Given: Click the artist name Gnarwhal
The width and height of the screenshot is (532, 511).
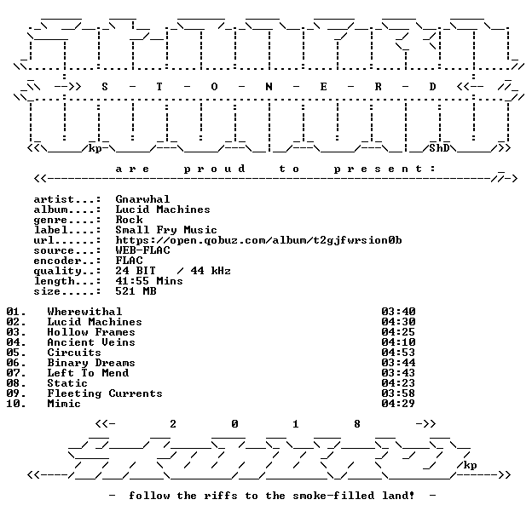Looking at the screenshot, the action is point(142,199).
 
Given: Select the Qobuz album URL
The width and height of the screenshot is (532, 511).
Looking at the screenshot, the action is point(258,240).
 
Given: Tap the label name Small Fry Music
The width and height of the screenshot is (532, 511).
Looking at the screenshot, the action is point(166,230).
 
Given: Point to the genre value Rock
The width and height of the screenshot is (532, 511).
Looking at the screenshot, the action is point(129,219).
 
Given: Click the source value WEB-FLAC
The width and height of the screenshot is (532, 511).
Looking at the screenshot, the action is point(142,250).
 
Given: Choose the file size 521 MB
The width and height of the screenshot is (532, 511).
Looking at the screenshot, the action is point(136,291).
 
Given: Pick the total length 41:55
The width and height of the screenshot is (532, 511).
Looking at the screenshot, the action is point(129,280).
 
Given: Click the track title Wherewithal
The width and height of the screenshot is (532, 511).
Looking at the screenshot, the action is point(84,312).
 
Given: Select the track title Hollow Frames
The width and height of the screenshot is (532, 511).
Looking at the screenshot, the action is point(91,332).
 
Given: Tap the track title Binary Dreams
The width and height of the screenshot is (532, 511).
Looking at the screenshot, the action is point(91,363).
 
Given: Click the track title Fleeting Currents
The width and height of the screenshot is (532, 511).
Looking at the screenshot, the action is point(105,393).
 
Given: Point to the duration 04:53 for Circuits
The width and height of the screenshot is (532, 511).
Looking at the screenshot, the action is point(398,352).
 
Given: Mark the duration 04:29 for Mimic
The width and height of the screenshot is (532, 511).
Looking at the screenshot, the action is point(398,403).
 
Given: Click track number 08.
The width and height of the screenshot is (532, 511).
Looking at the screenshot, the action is point(16,383).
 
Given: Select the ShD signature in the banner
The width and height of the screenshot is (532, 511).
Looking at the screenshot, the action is point(439,148).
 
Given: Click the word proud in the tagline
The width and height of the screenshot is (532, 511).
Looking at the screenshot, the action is point(214,169).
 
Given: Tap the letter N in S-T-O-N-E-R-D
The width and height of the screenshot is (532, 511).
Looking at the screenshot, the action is point(269,87).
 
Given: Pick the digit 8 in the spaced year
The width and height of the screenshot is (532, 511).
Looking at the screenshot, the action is point(357,423).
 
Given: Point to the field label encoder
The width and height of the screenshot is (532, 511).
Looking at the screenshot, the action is point(57,261).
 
